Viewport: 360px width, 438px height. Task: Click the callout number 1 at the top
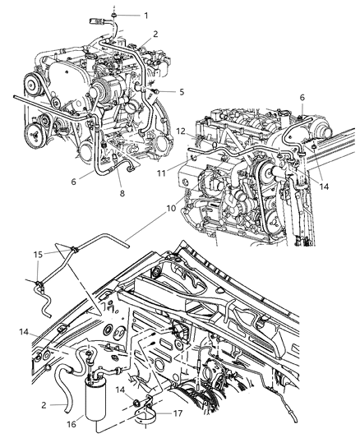coord(146,16)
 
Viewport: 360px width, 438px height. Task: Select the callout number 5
coord(182,91)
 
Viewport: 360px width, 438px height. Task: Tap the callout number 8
coord(122,193)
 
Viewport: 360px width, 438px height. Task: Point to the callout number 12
coord(181,131)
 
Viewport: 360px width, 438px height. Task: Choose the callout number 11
coord(161,173)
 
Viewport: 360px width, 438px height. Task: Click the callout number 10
coord(172,208)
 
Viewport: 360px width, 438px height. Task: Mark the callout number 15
coord(39,255)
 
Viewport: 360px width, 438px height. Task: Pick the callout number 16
coord(72,424)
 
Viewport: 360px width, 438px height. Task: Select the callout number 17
coord(178,413)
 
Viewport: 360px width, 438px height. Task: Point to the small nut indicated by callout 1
coord(114,16)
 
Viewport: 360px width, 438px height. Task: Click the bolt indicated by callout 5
coord(157,91)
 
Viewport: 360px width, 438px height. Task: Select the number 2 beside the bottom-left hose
coord(44,405)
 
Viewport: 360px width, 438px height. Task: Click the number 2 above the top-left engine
coord(155,34)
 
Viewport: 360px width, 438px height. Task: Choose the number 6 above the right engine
coord(302,98)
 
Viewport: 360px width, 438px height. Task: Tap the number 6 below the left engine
coord(73,182)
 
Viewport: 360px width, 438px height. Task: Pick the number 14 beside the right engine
coord(324,187)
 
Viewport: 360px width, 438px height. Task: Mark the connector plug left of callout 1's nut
coord(96,21)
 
